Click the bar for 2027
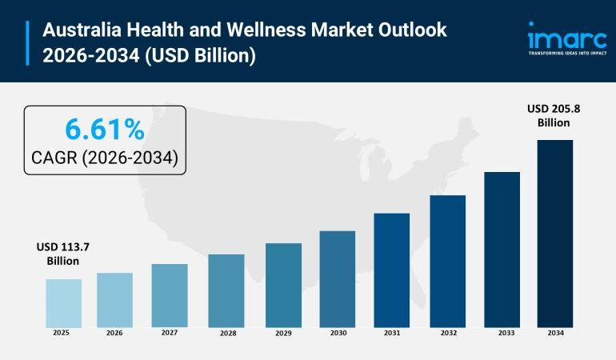[x=170, y=295]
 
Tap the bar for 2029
[x=283, y=285]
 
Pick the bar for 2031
[x=391, y=270]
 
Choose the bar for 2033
[x=502, y=249]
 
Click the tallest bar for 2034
[x=554, y=233]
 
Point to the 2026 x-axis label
[x=115, y=333]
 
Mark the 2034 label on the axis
[x=554, y=333]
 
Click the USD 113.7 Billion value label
[x=62, y=254]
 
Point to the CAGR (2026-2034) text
[x=105, y=158]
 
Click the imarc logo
[x=566, y=36]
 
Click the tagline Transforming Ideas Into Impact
[x=566, y=54]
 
